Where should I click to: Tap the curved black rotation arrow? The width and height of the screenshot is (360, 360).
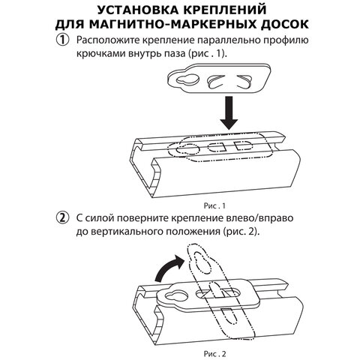pyautogui.click(x=168, y=269)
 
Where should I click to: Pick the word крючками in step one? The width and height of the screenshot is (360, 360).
pyautogui.click(x=102, y=56)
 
